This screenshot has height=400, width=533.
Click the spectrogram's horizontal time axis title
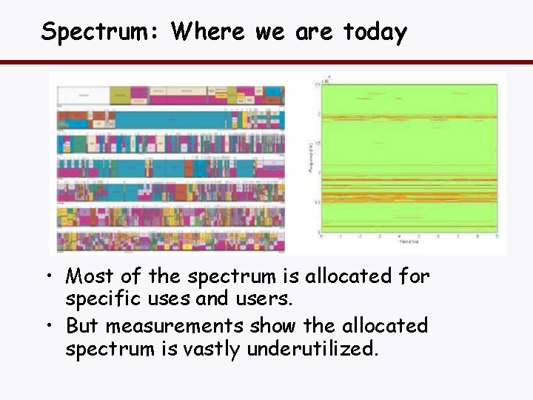click(408, 241)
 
